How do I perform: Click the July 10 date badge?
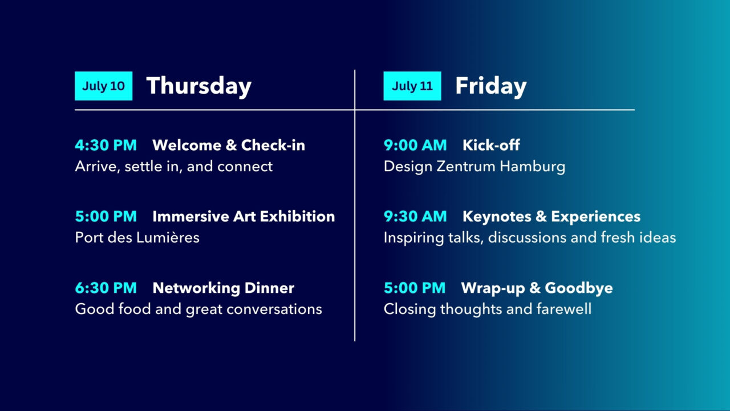click(104, 86)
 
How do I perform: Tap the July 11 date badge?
click(412, 86)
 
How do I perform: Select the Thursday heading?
click(199, 86)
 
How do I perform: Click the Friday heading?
click(491, 86)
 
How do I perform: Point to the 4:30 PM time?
click(106, 145)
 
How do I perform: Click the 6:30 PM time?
click(106, 288)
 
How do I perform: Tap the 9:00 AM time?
click(415, 145)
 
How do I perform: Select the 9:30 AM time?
click(415, 216)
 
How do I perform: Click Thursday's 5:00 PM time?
click(106, 216)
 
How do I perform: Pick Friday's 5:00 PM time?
click(415, 288)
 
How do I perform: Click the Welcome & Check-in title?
click(229, 145)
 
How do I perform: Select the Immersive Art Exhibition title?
click(244, 216)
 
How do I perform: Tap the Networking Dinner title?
click(224, 288)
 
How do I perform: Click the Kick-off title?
click(491, 145)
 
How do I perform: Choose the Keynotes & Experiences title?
click(551, 216)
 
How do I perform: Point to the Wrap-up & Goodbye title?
click(537, 288)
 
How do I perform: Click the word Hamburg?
click(533, 167)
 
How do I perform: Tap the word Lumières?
click(168, 237)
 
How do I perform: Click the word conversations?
click(274, 309)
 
